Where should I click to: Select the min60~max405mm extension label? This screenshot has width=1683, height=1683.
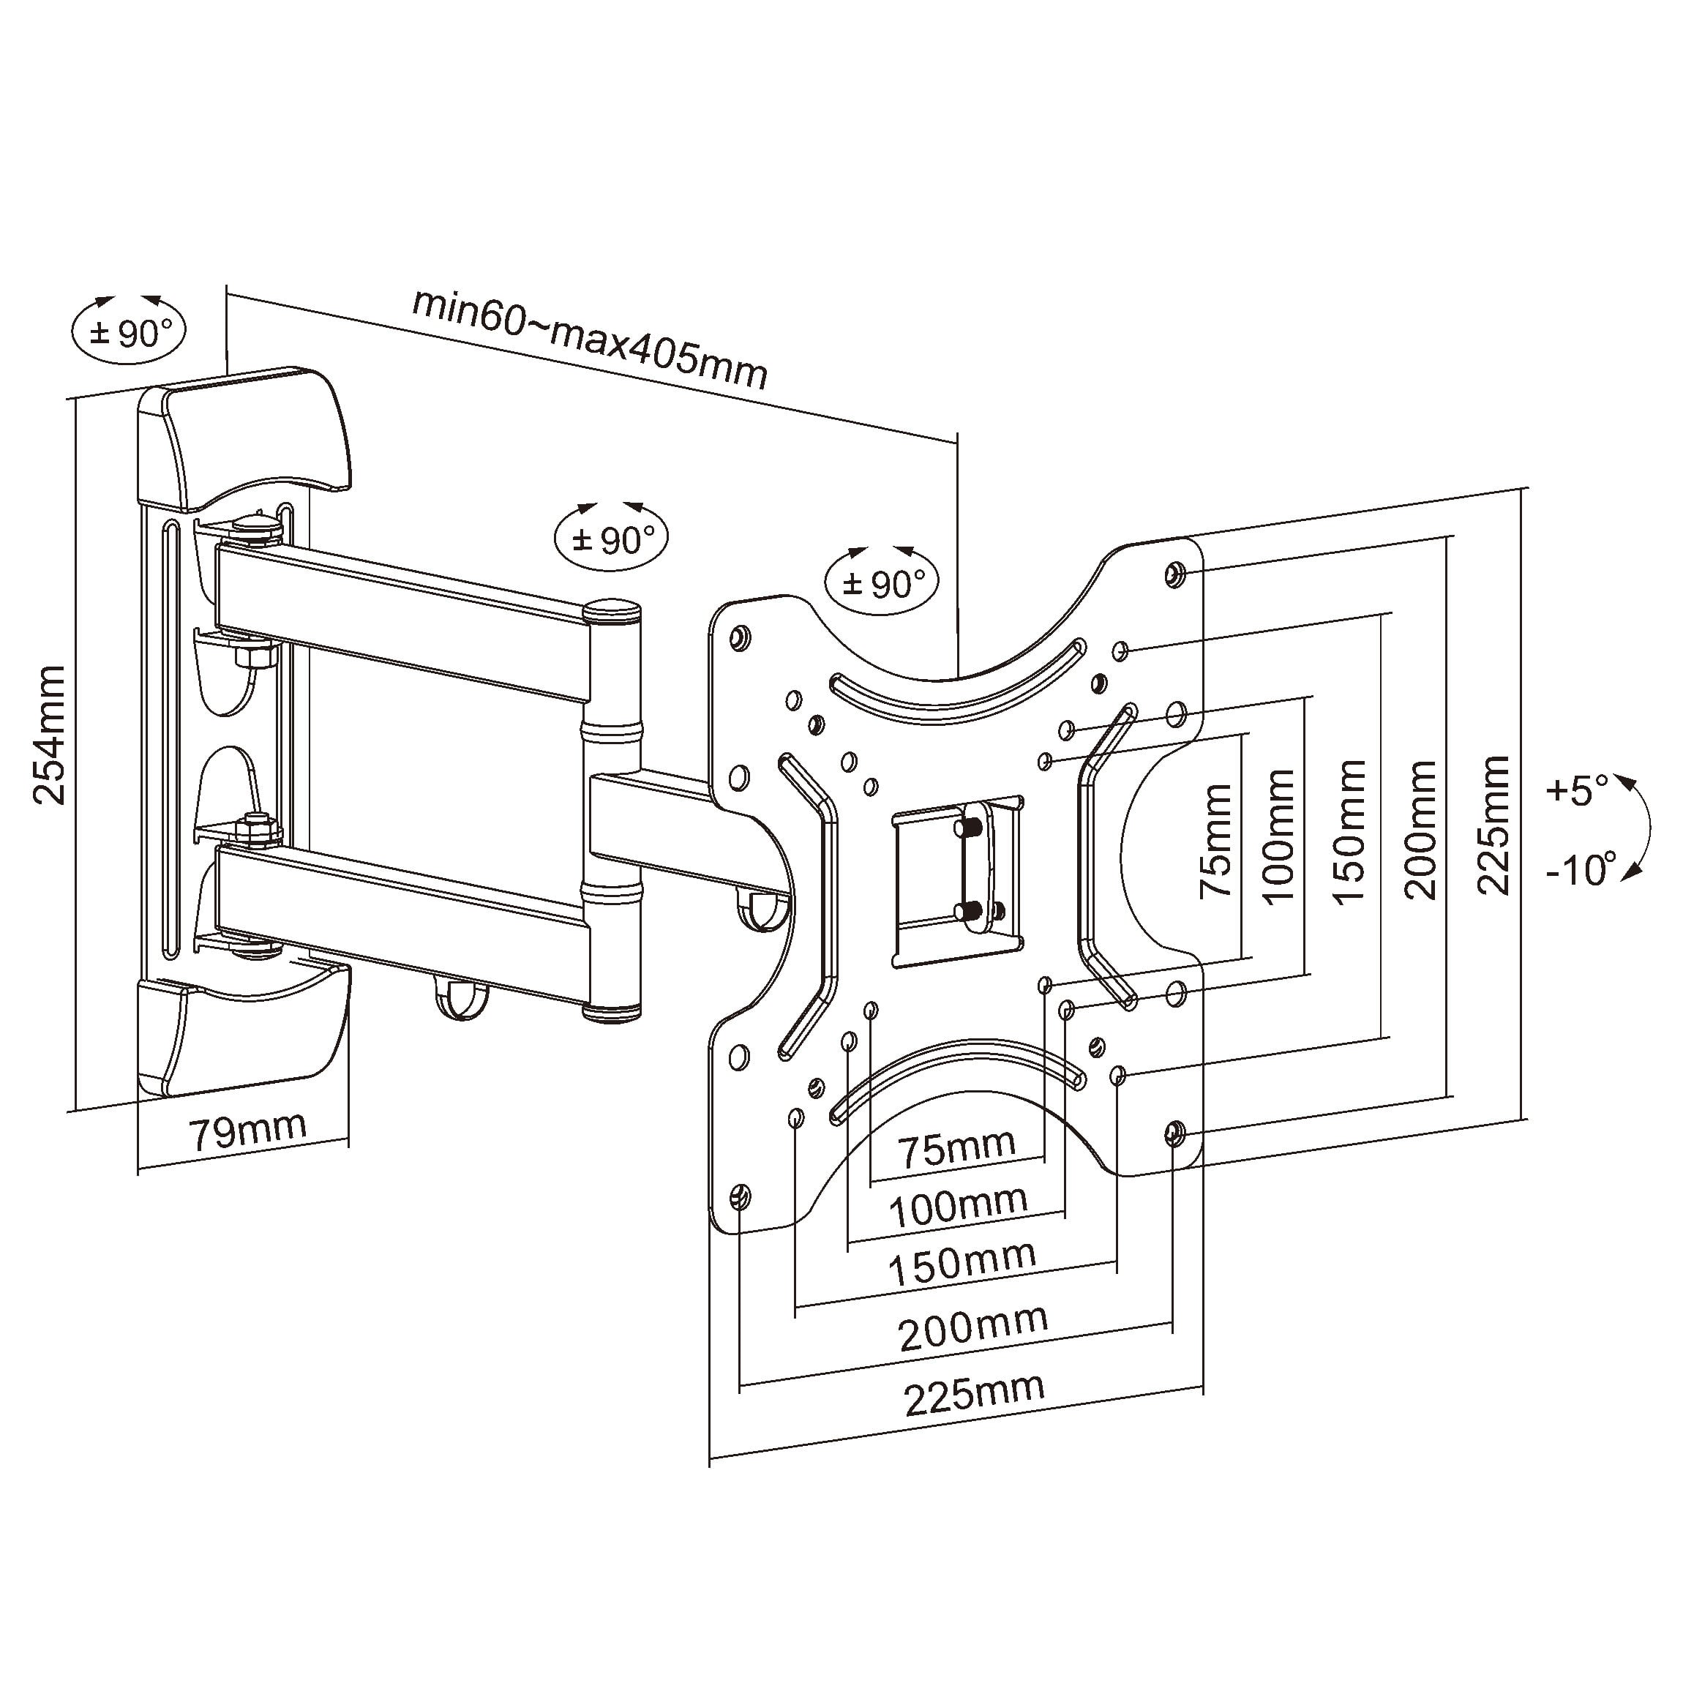(x=590, y=337)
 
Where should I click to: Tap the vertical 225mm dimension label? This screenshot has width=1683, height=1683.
(x=1493, y=825)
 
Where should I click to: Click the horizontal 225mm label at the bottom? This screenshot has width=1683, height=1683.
(x=974, y=1394)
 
